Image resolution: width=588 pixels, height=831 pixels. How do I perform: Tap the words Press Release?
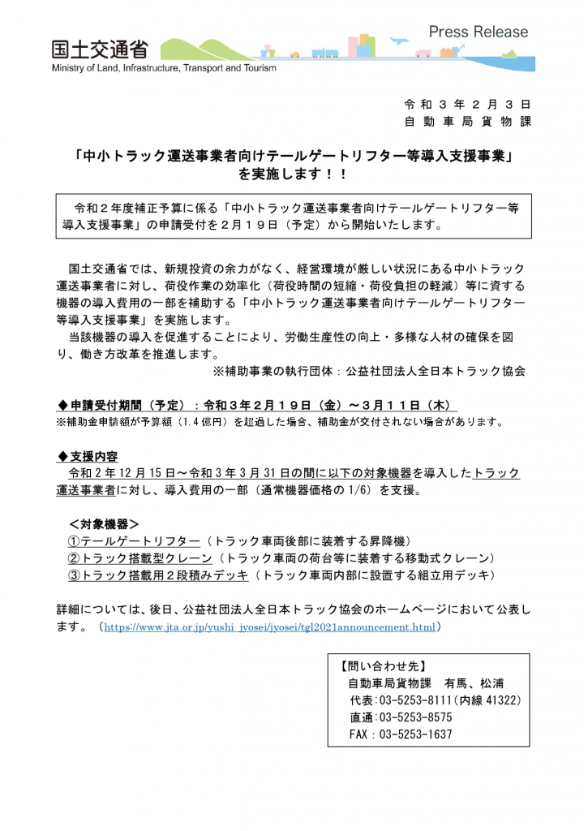pyautogui.click(x=478, y=32)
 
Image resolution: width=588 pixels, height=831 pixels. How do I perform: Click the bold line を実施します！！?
pyautogui.click(x=293, y=174)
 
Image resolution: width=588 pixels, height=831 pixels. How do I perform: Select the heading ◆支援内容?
pyautogui.click(x=89, y=456)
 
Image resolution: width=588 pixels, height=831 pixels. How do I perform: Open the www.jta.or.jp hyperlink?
pyautogui.click(x=270, y=627)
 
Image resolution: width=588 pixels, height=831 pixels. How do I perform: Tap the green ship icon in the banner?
pyautogui.click(x=509, y=54)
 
